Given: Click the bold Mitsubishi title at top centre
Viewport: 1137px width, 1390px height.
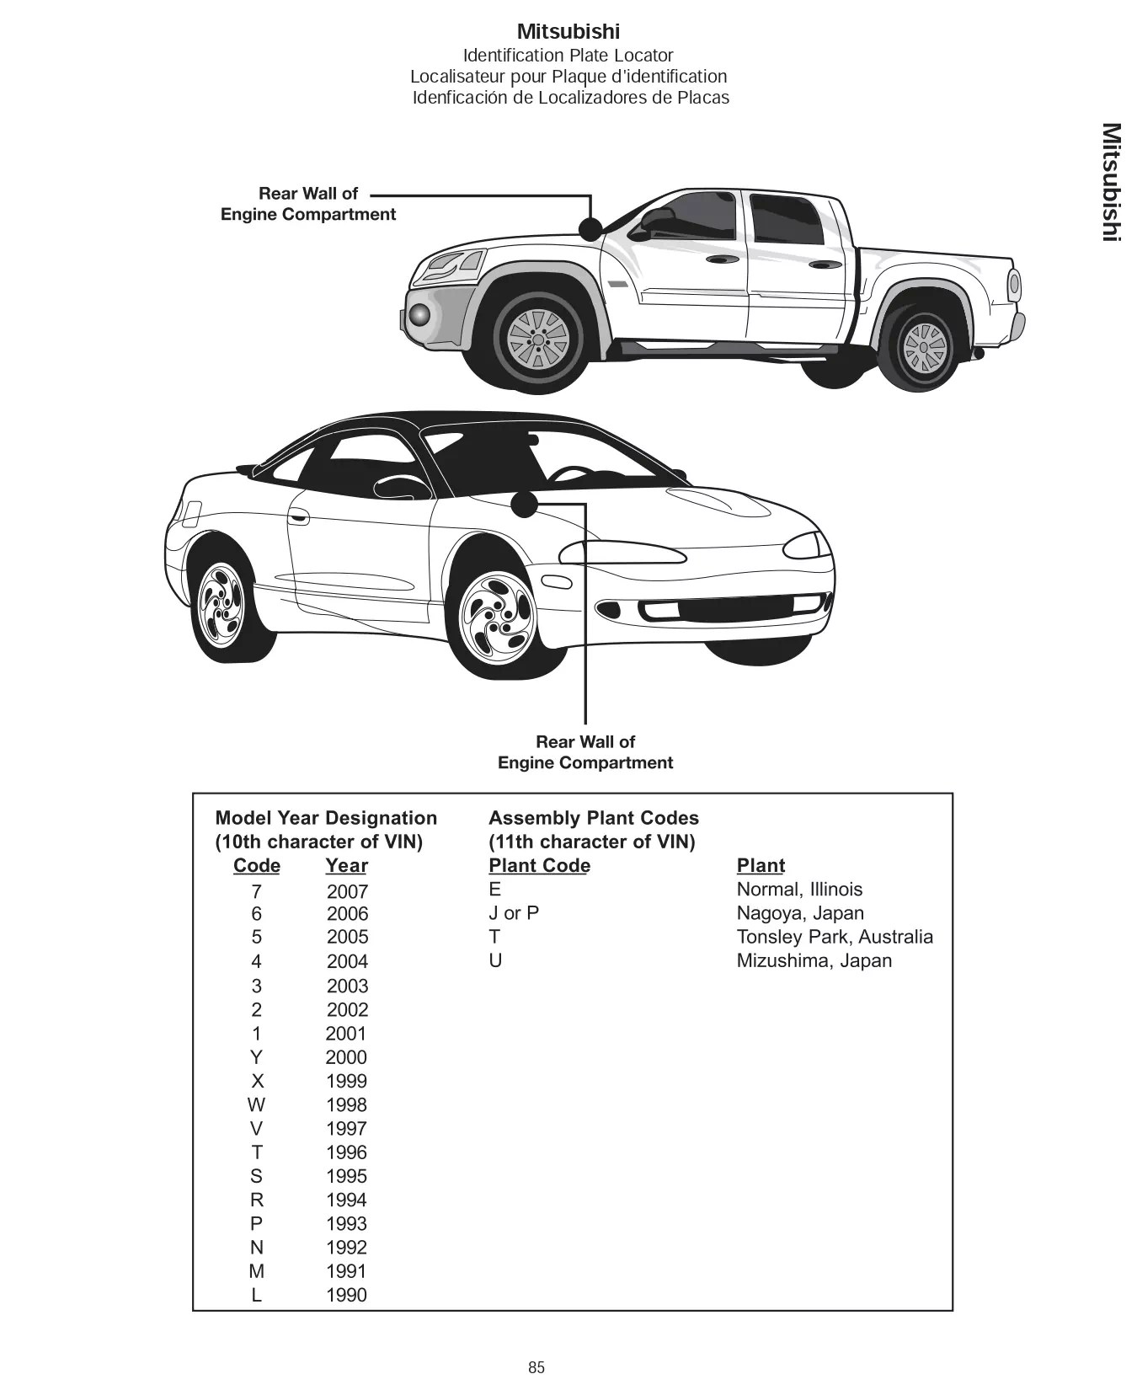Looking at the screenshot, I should click(568, 32).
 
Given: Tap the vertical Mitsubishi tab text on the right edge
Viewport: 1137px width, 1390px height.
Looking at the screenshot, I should click(1111, 182).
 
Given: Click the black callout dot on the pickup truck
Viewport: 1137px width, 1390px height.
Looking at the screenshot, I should click(590, 227).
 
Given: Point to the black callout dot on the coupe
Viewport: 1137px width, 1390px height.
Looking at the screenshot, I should click(524, 504).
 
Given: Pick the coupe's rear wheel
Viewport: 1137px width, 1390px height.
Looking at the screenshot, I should click(221, 605).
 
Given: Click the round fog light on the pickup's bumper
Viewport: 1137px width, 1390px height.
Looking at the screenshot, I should click(418, 315).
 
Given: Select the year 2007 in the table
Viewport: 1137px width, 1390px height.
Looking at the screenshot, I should click(347, 891).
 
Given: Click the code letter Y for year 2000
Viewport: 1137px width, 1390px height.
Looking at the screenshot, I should click(256, 1057).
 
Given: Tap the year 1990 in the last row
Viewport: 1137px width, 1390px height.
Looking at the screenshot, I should click(347, 1295).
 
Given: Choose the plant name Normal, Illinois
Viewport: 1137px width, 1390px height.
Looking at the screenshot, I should click(799, 890).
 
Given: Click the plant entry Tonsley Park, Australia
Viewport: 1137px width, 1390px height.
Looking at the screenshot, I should click(834, 937).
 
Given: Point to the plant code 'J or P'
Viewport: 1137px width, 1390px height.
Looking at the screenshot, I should click(514, 913).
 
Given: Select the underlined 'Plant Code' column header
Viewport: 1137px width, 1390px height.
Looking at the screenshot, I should click(539, 866).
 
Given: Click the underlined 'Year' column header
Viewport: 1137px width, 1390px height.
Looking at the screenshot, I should click(346, 866).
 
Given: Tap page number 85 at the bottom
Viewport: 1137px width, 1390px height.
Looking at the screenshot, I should click(536, 1367).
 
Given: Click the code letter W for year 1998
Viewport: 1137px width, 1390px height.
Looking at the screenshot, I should click(256, 1104).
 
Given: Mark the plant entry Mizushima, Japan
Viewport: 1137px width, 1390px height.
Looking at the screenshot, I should click(814, 960).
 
